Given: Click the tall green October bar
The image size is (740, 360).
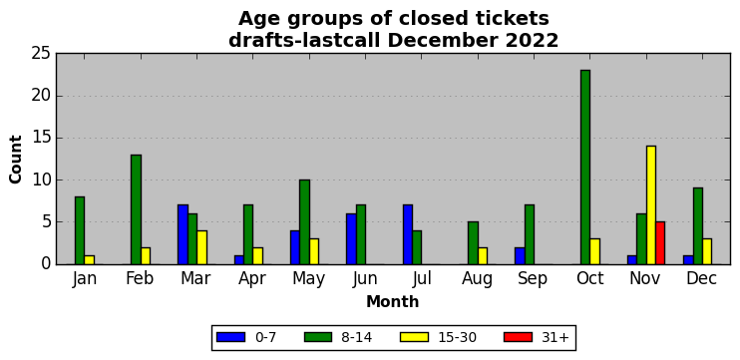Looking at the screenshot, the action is (585, 167).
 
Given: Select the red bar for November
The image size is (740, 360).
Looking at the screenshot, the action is (660, 243).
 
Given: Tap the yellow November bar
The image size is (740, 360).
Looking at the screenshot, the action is (651, 205).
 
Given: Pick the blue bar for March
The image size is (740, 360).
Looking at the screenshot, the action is (184, 234).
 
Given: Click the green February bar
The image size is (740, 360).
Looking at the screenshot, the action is (136, 209).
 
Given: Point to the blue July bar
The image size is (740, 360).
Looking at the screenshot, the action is (408, 234).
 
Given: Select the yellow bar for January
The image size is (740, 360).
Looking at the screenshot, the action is (89, 260).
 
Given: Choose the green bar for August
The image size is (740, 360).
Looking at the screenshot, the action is (473, 243).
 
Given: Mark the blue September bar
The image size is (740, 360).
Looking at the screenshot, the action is (520, 255).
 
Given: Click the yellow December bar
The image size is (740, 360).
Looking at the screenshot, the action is (707, 251).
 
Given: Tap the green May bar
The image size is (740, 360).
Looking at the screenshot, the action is (304, 221).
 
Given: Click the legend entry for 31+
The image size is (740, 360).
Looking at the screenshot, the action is (537, 337).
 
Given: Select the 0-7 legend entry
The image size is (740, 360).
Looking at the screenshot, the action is (246, 337).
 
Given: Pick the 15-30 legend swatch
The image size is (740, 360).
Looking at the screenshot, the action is (414, 337).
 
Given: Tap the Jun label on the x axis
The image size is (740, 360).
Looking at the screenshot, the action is (365, 279).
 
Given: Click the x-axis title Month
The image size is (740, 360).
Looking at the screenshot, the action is (393, 301).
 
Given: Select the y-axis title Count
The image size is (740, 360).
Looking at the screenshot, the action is (16, 159).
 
